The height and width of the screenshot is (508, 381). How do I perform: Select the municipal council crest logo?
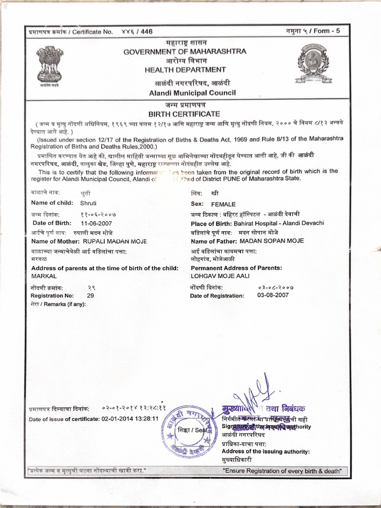[x=313, y=63]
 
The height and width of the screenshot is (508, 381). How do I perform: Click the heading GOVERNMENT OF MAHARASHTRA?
[x=185, y=51]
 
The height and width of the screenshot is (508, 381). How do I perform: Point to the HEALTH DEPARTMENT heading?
[x=185, y=70]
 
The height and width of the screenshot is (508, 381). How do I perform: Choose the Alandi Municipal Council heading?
[x=186, y=93]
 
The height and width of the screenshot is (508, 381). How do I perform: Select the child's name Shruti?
[x=89, y=203]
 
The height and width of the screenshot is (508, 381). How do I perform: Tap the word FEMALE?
[x=224, y=204]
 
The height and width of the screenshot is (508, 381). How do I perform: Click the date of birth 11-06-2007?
[x=97, y=223]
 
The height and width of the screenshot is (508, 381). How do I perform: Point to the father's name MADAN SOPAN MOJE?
[x=272, y=241]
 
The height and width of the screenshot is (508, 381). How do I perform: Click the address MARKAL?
[x=44, y=275]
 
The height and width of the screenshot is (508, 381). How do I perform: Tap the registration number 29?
[x=90, y=295]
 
